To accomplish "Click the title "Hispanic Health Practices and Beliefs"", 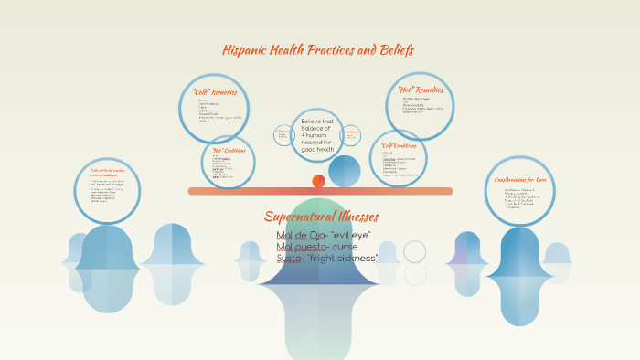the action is coord(318,50).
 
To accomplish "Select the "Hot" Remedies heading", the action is coord(421,90).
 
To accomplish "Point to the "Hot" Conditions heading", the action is coord(228,150).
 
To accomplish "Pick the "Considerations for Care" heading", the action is coord(520,180).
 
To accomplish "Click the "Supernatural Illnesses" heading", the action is coord(321,217).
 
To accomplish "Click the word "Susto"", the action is coord(291,259).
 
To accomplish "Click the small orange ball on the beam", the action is coord(318,181).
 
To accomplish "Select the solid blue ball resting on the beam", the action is coord(345,171).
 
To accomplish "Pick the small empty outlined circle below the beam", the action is coord(415,252).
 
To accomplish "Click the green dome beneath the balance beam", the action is coord(321,215).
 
